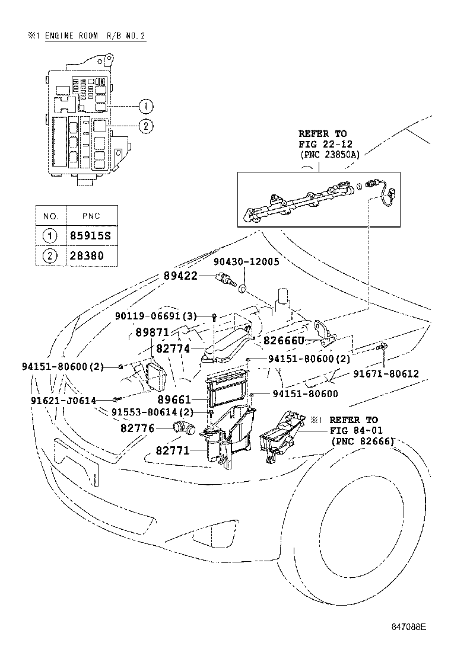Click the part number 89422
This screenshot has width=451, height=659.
click(180, 276)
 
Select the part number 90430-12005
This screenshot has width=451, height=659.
click(246, 261)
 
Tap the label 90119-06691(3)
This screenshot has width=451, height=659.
click(156, 316)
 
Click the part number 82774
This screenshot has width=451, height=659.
click(173, 349)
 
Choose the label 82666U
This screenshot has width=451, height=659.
click(284, 341)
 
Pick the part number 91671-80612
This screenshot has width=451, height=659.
click(386, 373)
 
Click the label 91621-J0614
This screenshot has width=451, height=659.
click(63, 401)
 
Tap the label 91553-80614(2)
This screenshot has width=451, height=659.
click(152, 412)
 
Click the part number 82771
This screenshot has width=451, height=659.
click(173, 451)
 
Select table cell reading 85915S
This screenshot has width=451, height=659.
click(91, 236)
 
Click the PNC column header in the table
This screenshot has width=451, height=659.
click(90, 215)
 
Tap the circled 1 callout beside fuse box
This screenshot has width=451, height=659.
click(145, 107)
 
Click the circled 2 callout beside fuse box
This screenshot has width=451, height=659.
click(145, 126)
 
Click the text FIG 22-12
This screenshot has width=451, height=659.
click(322, 144)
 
